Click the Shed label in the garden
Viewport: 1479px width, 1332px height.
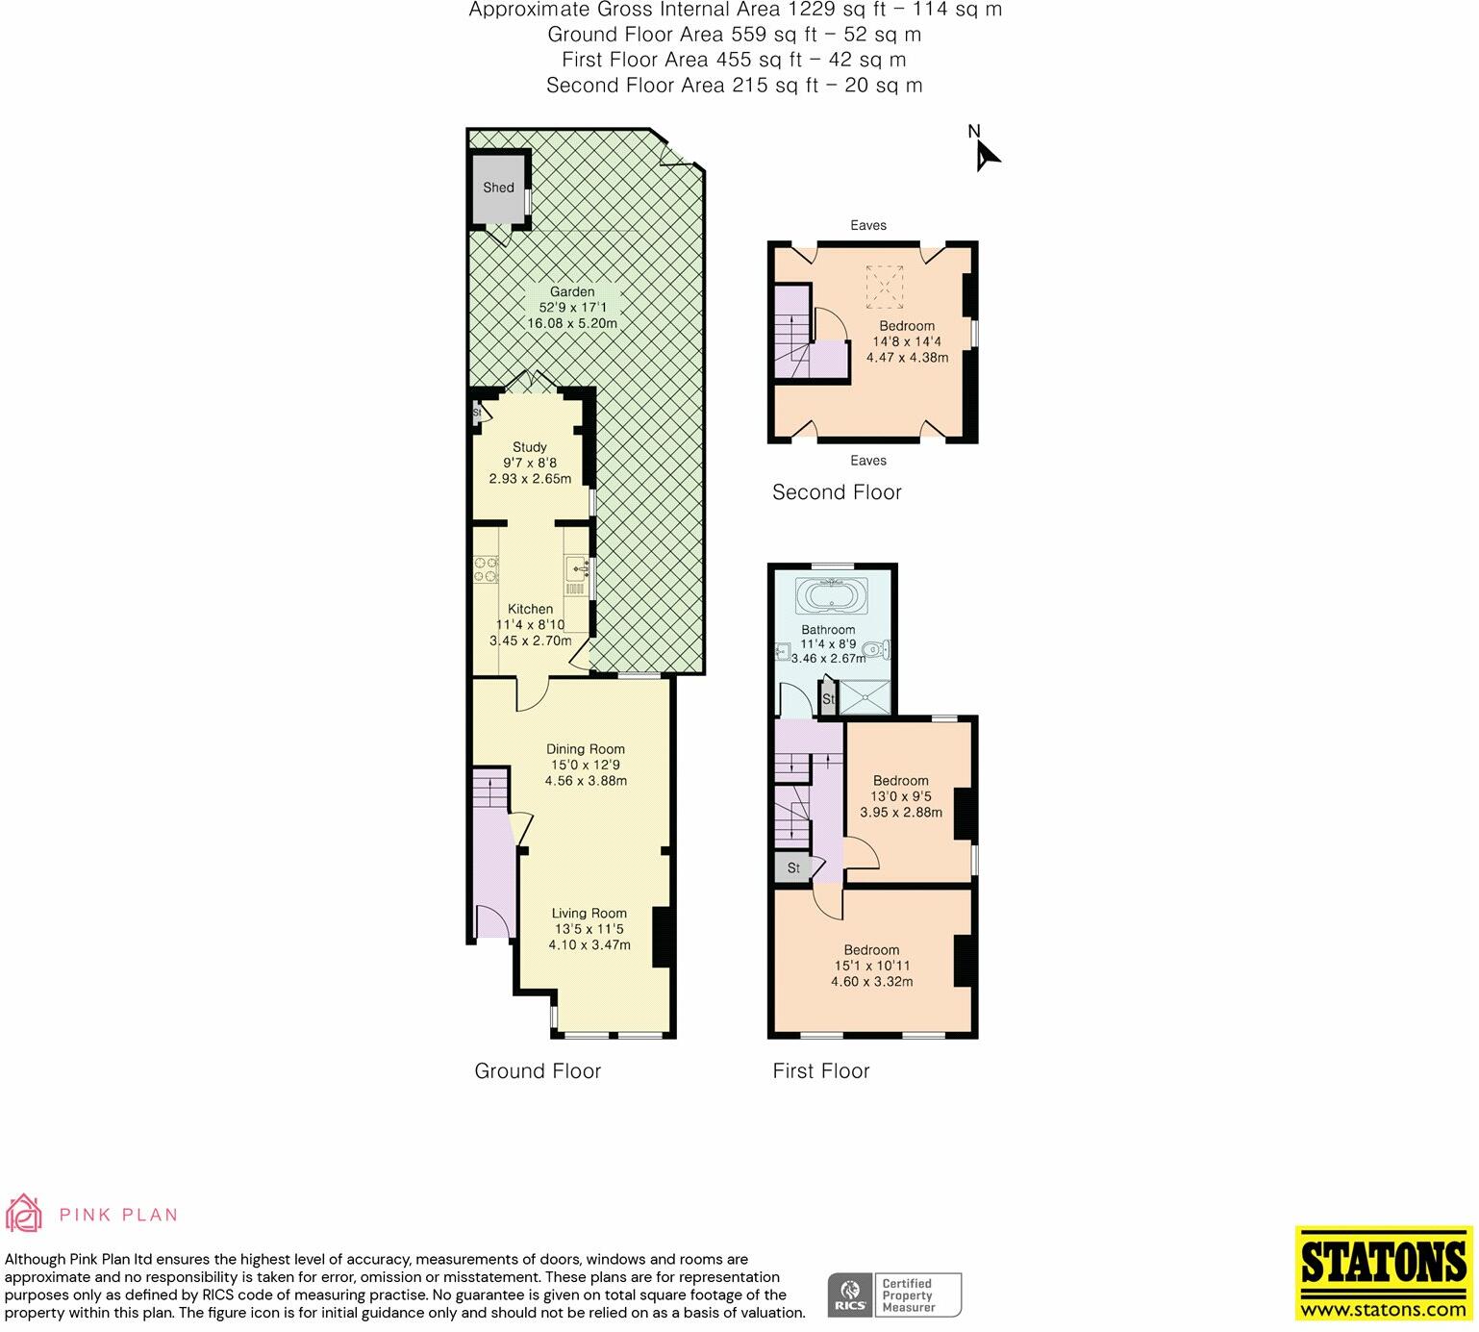click(498, 188)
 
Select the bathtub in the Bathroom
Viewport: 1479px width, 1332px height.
click(833, 596)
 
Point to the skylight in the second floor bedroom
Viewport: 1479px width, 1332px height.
click(884, 284)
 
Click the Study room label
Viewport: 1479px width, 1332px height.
click(529, 447)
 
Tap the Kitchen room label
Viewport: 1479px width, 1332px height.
click(530, 609)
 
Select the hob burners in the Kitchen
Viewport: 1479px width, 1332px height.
click(486, 569)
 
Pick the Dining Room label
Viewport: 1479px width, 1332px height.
click(586, 749)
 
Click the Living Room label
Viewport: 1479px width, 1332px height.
click(589, 914)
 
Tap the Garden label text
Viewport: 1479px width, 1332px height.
click(572, 291)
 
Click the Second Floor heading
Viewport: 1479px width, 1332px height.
click(837, 492)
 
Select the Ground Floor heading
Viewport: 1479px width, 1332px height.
click(538, 1071)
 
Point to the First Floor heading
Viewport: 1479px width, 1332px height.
click(821, 1071)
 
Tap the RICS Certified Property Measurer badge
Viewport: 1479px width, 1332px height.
click(894, 1294)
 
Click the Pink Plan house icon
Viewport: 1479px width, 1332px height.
click(24, 1214)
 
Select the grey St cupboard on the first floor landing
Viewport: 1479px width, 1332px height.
click(793, 867)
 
